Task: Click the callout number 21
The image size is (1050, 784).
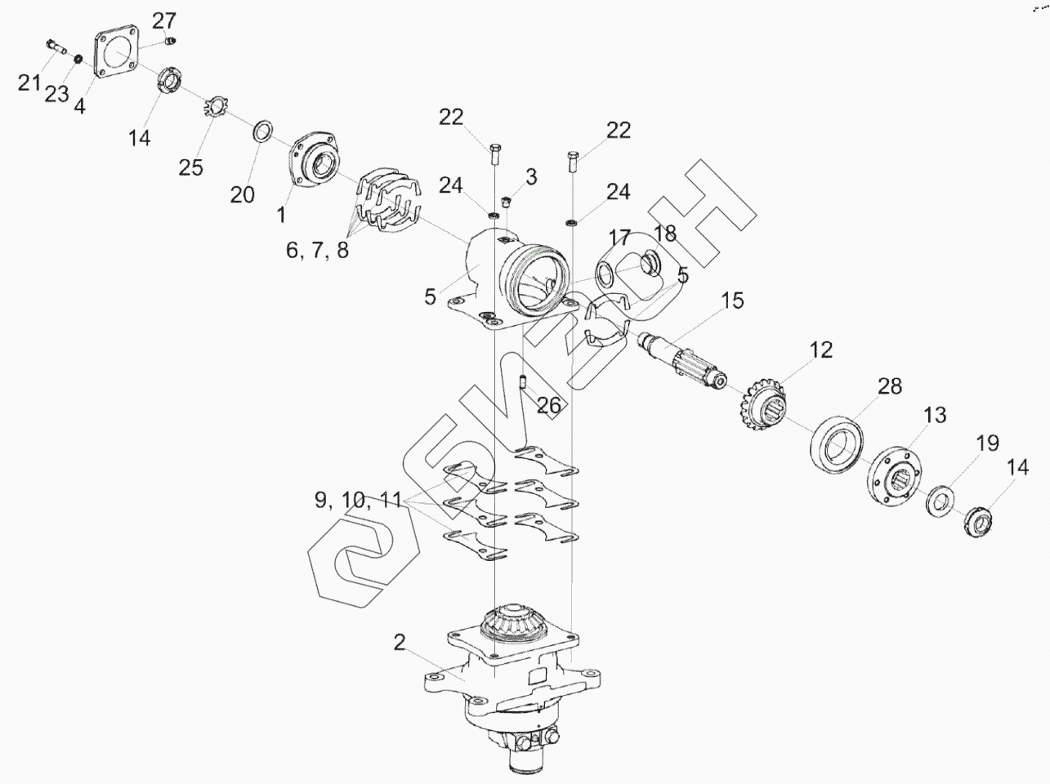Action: point(29,82)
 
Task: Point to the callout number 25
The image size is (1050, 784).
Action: point(190,168)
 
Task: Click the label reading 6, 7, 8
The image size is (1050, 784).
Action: point(317,250)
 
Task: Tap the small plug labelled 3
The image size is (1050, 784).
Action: point(505,201)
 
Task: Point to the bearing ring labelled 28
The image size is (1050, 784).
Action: point(838,443)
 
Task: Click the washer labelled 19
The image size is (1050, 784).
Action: point(942,500)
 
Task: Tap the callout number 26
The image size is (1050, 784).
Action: point(549,405)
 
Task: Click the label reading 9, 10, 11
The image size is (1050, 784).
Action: point(359,500)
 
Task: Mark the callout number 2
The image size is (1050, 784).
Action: point(399,643)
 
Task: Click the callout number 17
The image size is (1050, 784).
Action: point(619,238)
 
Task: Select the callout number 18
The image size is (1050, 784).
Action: point(665,234)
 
